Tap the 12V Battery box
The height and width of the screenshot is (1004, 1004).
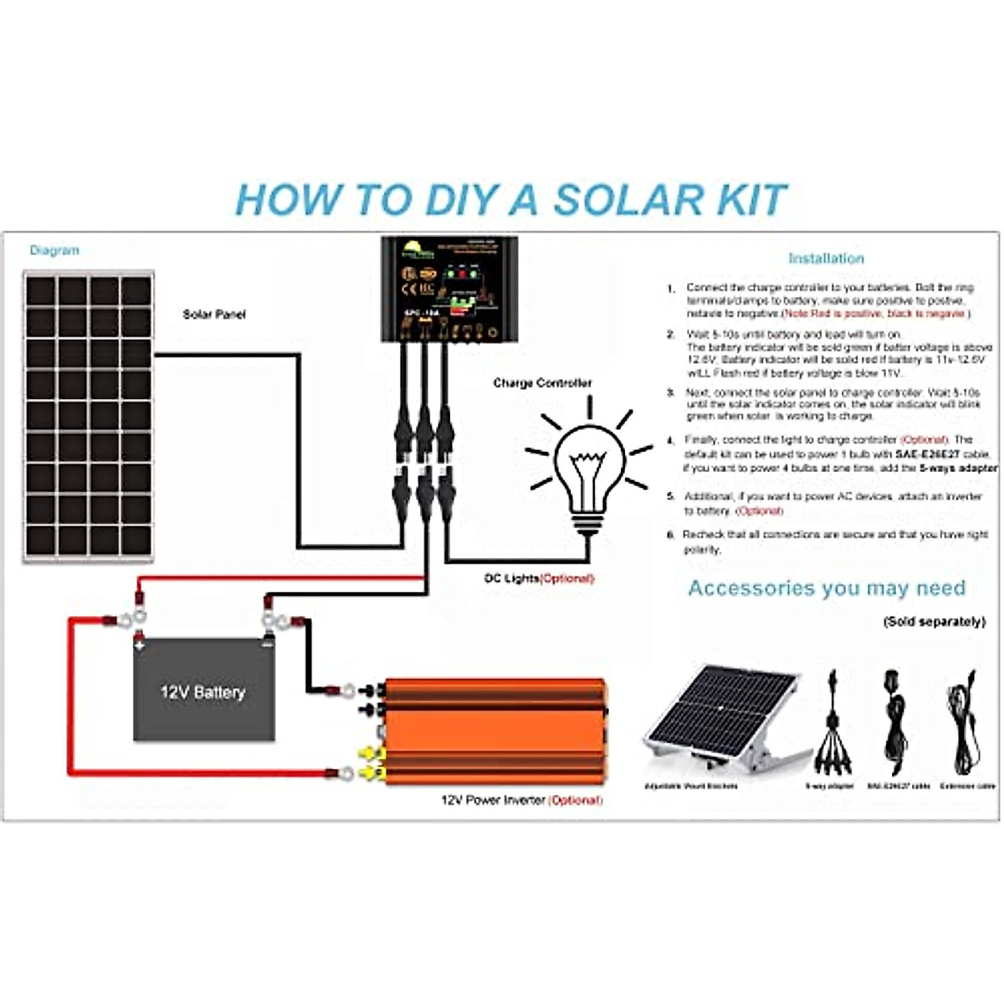(x=203, y=691)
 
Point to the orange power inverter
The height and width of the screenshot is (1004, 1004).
(x=494, y=730)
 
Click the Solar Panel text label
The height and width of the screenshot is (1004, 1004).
(x=214, y=315)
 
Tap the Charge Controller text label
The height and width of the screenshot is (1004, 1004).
(x=542, y=383)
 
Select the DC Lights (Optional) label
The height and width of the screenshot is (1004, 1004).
(x=539, y=578)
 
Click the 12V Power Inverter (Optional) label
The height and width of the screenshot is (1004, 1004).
(x=521, y=800)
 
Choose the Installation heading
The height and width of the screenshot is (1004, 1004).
(x=825, y=259)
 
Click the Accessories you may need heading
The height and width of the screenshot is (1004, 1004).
(x=827, y=588)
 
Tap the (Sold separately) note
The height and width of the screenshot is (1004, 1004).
(x=934, y=622)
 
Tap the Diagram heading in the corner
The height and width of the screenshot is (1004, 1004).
(x=54, y=250)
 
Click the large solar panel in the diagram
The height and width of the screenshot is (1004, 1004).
(x=89, y=416)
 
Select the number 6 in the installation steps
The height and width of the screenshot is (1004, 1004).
(x=670, y=535)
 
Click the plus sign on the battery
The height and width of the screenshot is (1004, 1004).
(x=140, y=646)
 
